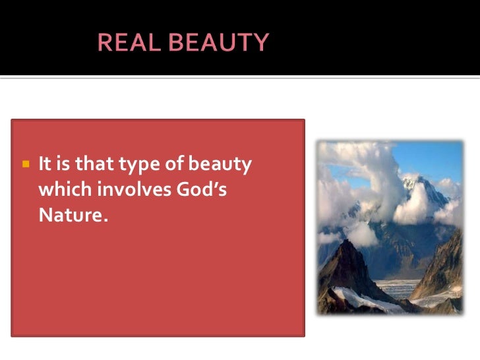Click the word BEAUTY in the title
pyautogui.click(x=220, y=43)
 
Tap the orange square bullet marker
pyautogui.click(x=26, y=163)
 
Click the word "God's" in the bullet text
pyautogui.click(x=209, y=189)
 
